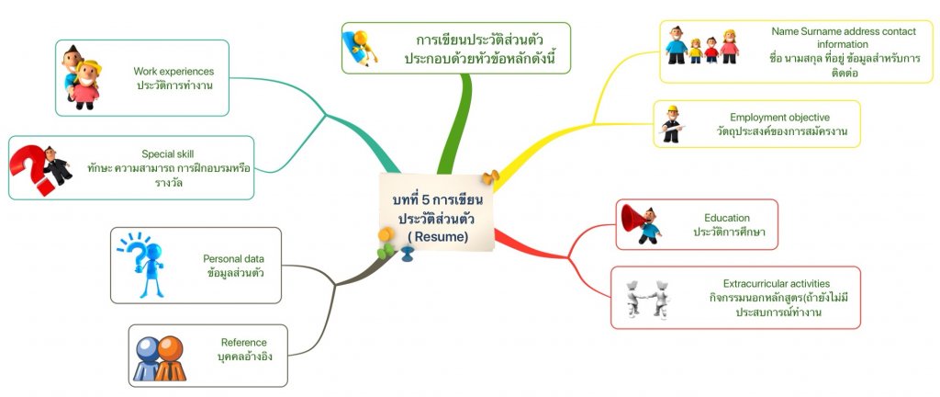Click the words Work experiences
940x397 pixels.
173,72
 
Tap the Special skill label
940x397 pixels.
167,154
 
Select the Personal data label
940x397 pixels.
233,259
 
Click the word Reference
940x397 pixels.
244,343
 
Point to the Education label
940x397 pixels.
727,218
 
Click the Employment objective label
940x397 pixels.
780,118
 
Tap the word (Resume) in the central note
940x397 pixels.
438,236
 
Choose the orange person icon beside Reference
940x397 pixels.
170,358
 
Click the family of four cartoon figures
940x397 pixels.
701,46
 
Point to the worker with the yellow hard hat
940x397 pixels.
673,125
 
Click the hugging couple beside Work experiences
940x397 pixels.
82,77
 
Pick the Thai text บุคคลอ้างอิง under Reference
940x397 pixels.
244,357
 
